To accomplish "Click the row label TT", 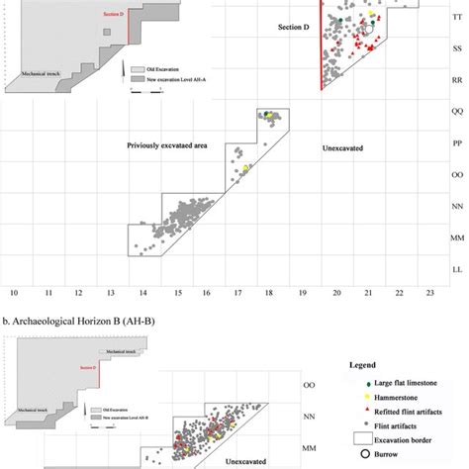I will [x=456, y=18].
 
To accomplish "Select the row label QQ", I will [x=456, y=112].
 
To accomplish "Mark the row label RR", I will [x=456, y=76].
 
